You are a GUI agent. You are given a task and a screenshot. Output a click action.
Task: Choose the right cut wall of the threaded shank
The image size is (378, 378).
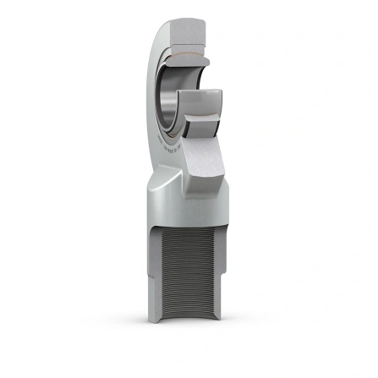coord(228,279)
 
